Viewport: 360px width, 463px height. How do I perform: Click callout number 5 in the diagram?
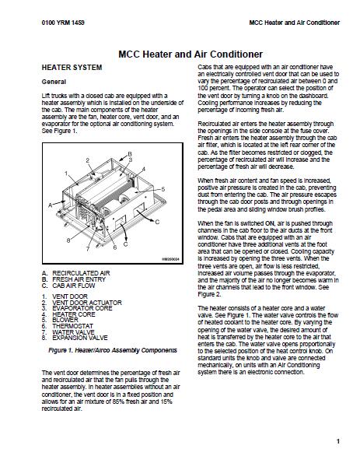163,189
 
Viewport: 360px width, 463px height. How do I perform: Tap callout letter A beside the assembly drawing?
51,205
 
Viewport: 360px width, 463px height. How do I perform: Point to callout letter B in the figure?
130,154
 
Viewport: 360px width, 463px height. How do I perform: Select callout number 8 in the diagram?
68,240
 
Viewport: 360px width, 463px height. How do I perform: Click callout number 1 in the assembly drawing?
66,174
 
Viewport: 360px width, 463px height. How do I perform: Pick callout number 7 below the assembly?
88,249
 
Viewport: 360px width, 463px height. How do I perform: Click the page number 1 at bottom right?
338,441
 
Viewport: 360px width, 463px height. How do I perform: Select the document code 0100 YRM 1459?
63,23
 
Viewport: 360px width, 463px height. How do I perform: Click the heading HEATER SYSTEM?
72,68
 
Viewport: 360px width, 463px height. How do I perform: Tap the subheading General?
54,82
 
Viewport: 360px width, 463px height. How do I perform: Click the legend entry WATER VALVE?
73,332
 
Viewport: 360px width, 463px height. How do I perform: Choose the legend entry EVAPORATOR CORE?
82,308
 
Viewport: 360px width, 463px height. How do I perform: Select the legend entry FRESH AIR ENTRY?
79,279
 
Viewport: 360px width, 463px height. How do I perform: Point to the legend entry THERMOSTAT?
72,326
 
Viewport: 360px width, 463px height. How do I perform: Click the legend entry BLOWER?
65,320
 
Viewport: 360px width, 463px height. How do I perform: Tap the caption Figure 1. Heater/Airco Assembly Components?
113,350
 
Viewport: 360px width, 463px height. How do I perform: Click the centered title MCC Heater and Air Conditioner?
190,54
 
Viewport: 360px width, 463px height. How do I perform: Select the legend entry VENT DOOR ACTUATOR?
87,303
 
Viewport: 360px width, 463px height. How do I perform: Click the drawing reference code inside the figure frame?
170,259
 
